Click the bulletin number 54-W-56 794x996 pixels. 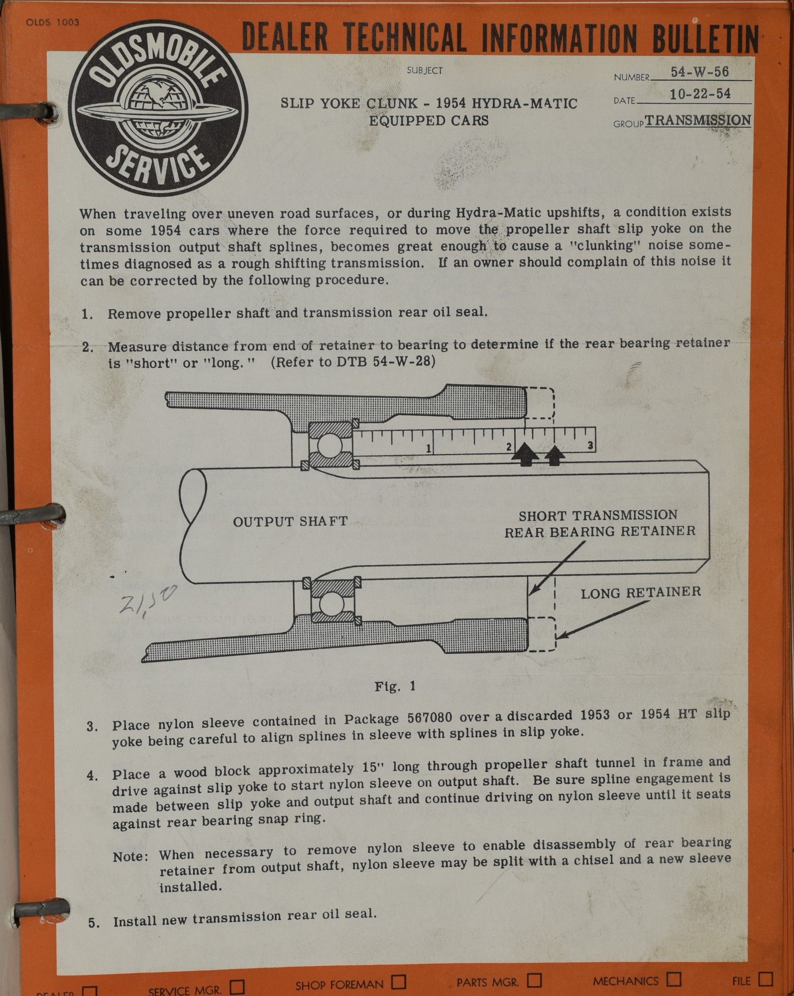[x=699, y=72]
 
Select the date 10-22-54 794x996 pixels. [x=700, y=94]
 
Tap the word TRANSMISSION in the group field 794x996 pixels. [x=698, y=120]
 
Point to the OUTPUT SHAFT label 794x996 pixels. [x=290, y=521]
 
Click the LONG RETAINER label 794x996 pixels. [x=641, y=592]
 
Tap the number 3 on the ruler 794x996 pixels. [x=590, y=445]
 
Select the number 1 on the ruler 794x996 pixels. [x=428, y=448]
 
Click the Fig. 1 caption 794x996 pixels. [x=395, y=686]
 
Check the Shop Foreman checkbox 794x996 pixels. [x=398, y=982]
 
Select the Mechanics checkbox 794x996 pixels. [x=674, y=979]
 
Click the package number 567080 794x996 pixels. [x=430, y=718]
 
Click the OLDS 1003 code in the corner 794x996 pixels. [x=52, y=22]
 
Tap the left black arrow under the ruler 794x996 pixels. [x=526, y=455]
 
